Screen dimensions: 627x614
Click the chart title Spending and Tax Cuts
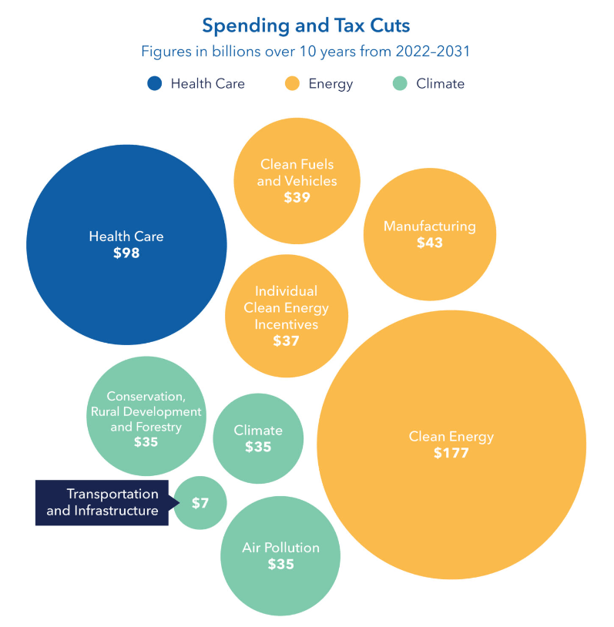[x=306, y=25]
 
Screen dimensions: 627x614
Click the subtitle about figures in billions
[x=306, y=52]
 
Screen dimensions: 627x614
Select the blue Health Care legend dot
[x=155, y=83]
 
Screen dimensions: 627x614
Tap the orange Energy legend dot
[x=293, y=83]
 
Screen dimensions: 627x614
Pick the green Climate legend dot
[x=400, y=83]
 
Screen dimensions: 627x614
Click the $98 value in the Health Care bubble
[x=126, y=253]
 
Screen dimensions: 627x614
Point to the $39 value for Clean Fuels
[x=297, y=197]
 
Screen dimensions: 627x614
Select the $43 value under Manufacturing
[x=430, y=243]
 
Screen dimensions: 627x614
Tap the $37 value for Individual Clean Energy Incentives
[x=286, y=340]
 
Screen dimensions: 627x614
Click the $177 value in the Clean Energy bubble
[x=451, y=453]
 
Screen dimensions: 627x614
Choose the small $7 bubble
[x=200, y=503]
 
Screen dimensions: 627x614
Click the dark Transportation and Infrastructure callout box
[x=102, y=502]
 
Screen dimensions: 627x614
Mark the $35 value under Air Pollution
[x=280, y=564]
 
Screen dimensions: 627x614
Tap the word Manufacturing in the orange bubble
[x=430, y=226]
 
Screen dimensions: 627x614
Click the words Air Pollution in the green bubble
[x=280, y=548]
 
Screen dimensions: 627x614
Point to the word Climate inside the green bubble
[x=258, y=431]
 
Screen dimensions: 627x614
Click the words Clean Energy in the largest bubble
[x=451, y=437]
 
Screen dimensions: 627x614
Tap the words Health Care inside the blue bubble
[x=126, y=236]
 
